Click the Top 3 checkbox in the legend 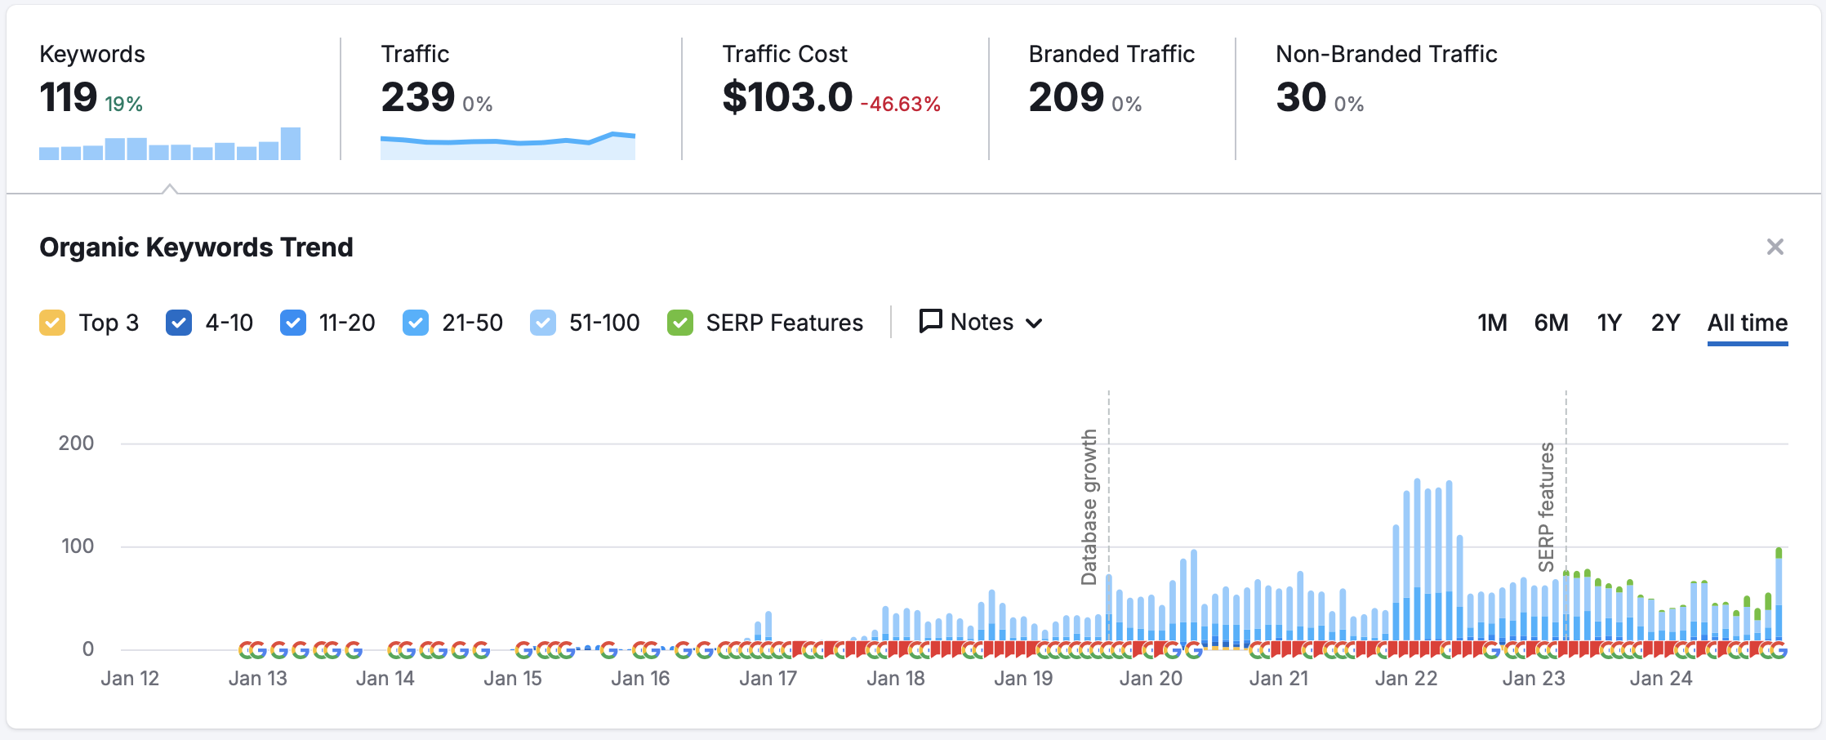click(x=52, y=323)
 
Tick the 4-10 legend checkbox click(x=179, y=323)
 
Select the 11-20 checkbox click(x=293, y=323)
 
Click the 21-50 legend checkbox click(x=416, y=323)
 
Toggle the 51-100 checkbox click(x=543, y=323)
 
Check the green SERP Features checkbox click(x=680, y=323)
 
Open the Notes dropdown click(x=981, y=322)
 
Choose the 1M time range click(x=1492, y=323)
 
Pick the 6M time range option click(x=1551, y=323)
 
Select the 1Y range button click(x=1609, y=323)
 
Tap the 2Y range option click(x=1665, y=323)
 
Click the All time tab click(x=1748, y=323)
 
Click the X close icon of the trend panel click(x=1775, y=247)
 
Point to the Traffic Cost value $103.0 click(x=787, y=97)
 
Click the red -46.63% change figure click(x=901, y=105)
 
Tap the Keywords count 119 click(x=69, y=97)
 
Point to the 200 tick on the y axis click(x=76, y=444)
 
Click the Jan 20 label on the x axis click(x=1151, y=679)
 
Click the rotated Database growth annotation click(x=1089, y=506)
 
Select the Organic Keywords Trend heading click(x=196, y=247)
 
